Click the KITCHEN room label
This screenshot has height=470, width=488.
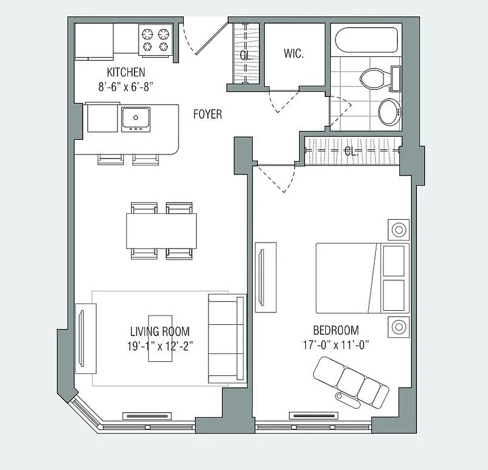pyautogui.click(x=126, y=72)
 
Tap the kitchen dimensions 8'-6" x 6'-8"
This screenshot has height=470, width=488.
pyautogui.click(x=126, y=86)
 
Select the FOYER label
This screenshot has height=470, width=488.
pyautogui.click(x=208, y=114)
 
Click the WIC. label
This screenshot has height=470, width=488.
pyautogui.click(x=294, y=54)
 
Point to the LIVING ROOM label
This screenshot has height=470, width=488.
pyautogui.click(x=160, y=332)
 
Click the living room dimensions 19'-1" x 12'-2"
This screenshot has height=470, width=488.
pyautogui.click(x=160, y=345)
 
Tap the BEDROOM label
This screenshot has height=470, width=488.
pyautogui.click(x=336, y=331)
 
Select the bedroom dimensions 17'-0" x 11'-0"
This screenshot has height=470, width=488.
pyautogui.click(x=336, y=345)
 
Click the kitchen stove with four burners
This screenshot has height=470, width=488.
pyautogui.click(x=155, y=39)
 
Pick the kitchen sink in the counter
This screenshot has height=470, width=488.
pyautogui.click(x=136, y=119)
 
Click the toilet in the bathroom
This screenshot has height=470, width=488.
pyautogui.click(x=376, y=78)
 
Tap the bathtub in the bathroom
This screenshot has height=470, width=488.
pyautogui.click(x=365, y=41)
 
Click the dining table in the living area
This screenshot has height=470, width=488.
pyautogui.click(x=161, y=230)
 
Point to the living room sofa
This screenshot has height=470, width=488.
pyautogui.click(x=227, y=338)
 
